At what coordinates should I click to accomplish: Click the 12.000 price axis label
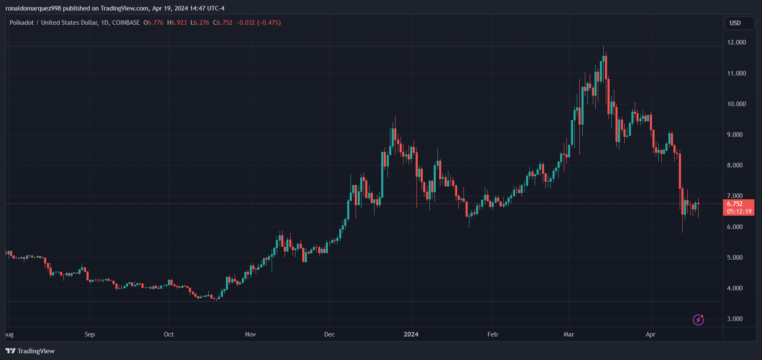[736, 42]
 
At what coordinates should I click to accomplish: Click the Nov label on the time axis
[250, 334]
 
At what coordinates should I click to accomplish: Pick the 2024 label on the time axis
[411, 334]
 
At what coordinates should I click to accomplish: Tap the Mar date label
[568, 334]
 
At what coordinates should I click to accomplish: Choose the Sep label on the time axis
[90, 334]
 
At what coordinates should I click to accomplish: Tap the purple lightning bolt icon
[698, 320]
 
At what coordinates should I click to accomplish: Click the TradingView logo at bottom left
[30, 351]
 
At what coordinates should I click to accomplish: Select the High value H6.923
[177, 23]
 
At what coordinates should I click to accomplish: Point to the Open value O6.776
[153, 23]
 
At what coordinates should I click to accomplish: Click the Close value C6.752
[223, 23]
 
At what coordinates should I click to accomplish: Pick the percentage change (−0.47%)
[269, 23]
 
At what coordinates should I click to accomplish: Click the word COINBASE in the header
[126, 23]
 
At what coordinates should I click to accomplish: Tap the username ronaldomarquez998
[33, 8]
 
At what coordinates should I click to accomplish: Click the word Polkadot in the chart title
[22, 23]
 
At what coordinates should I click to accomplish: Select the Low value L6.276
[200, 23]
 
